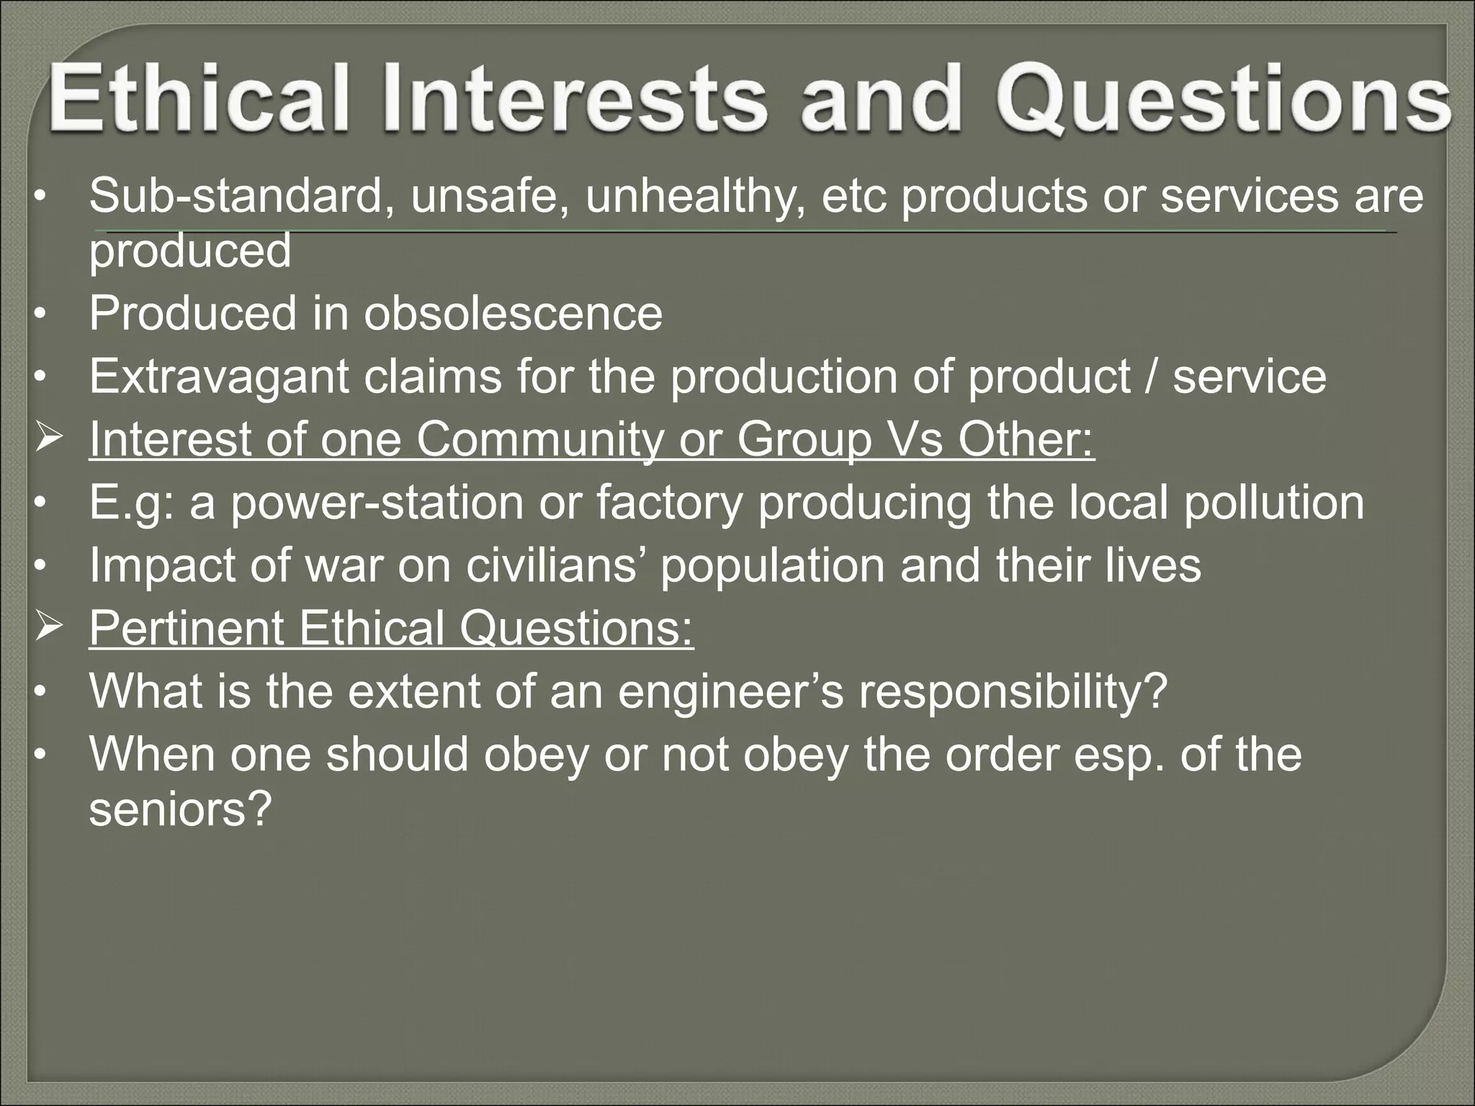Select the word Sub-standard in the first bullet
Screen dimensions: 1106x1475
(x=235, y=196)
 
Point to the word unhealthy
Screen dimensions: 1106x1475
(x=694, y=196)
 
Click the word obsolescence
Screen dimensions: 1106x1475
(x=512, y=314)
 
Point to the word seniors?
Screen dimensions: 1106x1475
(x=179, y=809)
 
